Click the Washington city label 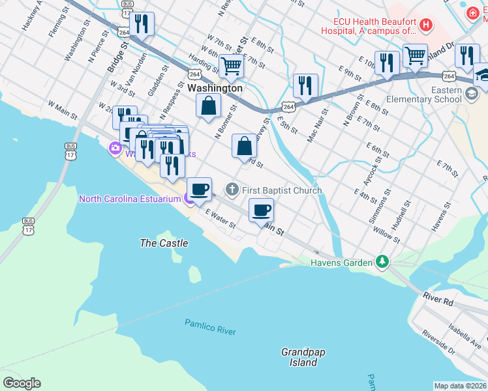click(x=215, y=88)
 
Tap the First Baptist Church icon click(x=232, y=190)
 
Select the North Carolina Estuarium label click(x=129, y=199)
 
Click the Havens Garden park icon click(x=382, y=263)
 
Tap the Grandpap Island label click(x=303, y=357)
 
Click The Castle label click(x=164, y=243)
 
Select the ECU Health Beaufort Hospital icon click(x=426, y=25)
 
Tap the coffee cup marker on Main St click(x=261, y=210)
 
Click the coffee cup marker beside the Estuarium click(x=200, y=189)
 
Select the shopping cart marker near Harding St click(x=231, y=65)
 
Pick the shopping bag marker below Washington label click(x=208, y=105)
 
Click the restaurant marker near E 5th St click(x=305, y=85)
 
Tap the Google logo click(x=22, y=383)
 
